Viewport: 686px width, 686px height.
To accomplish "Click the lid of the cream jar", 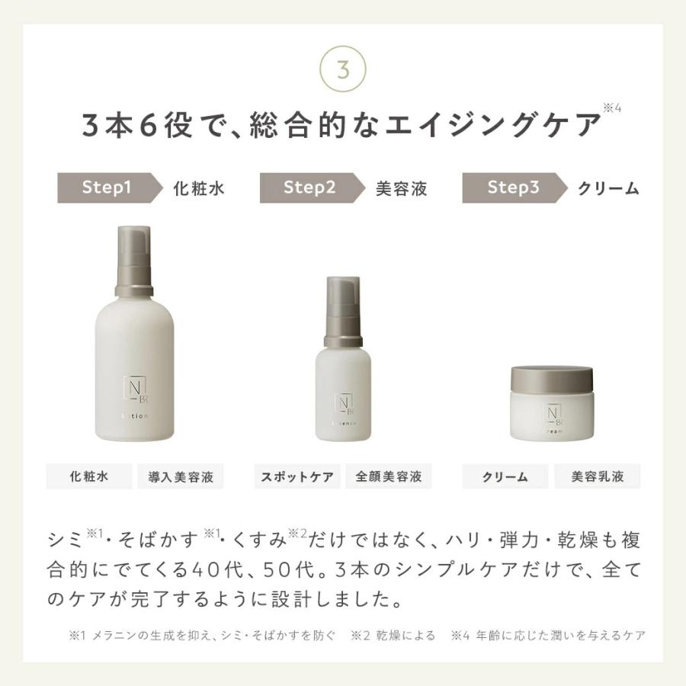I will point(551,379).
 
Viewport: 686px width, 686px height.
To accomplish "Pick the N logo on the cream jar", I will point(551,414).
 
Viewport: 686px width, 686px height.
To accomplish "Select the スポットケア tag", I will point(297,477).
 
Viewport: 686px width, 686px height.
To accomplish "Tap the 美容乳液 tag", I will point(598,477).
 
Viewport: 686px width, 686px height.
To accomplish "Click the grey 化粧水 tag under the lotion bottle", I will point(89,477).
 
